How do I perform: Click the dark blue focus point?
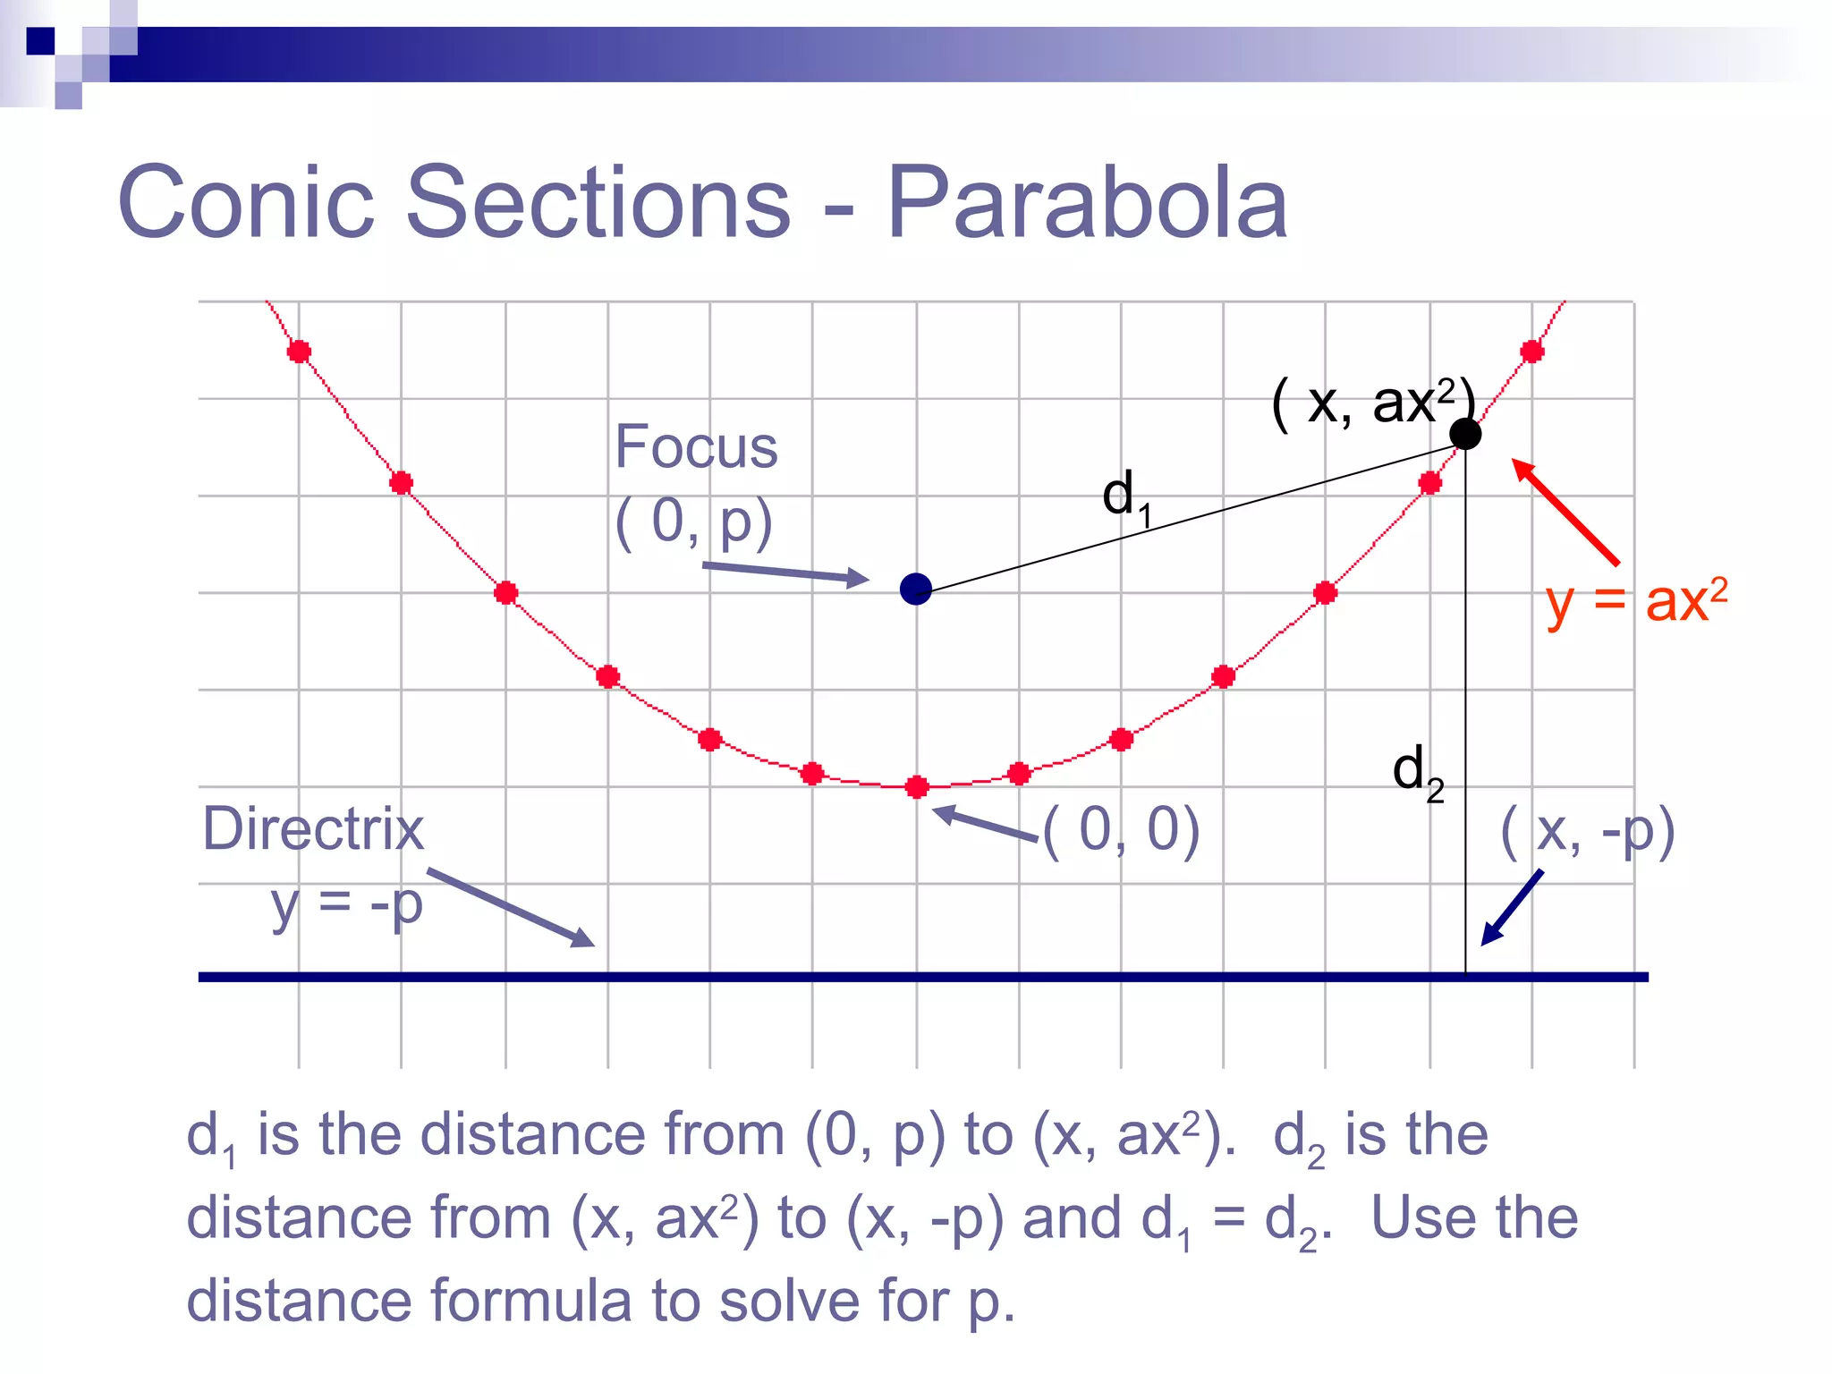click(915, 589)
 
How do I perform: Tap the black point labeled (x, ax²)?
click(1464, 434)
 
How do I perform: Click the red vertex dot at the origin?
click(917, 787)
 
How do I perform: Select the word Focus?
click(696, 447)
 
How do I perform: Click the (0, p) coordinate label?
click(693, 522)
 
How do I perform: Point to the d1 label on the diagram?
click(1125, 497)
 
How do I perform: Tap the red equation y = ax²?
click(1636, 602)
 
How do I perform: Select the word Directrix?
click(313, 829)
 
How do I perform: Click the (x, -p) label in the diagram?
click(1587, 832)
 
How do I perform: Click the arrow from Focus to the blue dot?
click(785, 572)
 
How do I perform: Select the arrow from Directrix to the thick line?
click(510, 907)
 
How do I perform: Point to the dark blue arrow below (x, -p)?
click(1512, 908)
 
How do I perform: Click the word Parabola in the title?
click(1086, 203)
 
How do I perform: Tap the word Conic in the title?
click(245, 203)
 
